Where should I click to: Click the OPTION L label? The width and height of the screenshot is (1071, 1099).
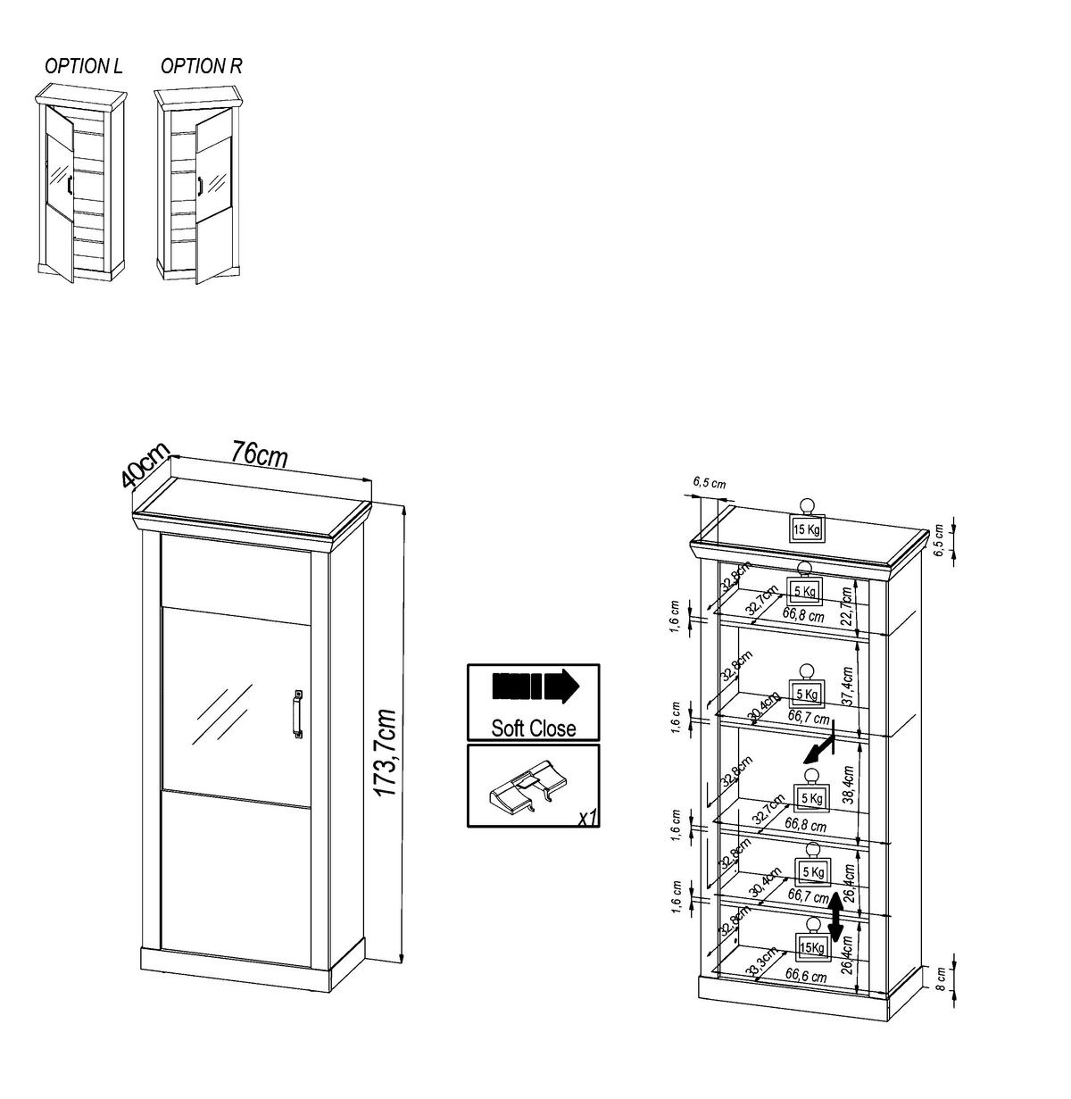coord(84,66)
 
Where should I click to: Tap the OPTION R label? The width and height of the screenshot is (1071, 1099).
coord(201,66)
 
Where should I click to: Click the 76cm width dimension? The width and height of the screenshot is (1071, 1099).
coord(259,454)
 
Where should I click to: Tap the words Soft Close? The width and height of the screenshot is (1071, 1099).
coord(533,728)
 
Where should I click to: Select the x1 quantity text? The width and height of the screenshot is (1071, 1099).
coord(586,817)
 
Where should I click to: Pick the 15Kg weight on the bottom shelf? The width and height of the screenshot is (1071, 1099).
coord(811,947)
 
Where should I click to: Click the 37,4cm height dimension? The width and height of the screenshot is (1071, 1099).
coord(848,686)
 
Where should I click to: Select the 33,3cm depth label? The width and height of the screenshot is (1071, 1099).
coord(761,964)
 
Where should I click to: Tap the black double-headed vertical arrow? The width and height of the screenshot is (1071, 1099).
coord(835,919)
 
